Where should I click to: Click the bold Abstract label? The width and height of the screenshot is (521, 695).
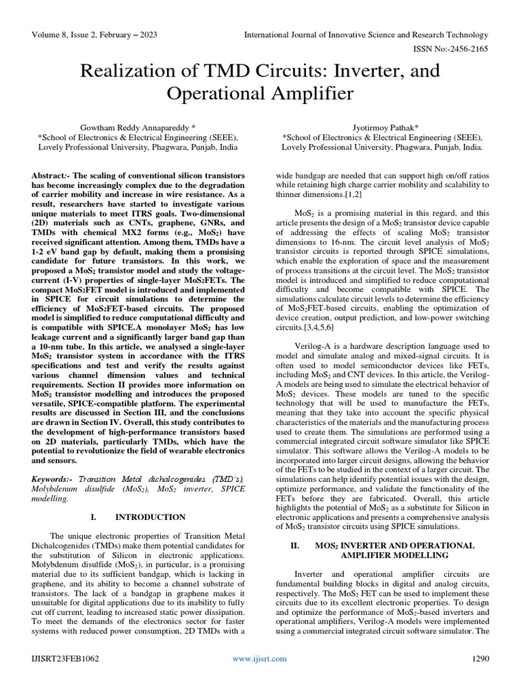pyautogui.click(x=52, y=175)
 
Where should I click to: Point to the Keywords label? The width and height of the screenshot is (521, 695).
pyautogui.click(x=52, y=478)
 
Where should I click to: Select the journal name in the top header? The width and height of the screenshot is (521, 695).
pyautogui.click(x=366, y=35)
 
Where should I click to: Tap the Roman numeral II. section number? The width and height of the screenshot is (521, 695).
pyautogui.click(x=294, y=545)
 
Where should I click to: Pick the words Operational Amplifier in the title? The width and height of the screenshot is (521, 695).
pyautogui.click(x=260, y=93)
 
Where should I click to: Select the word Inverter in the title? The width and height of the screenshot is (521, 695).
pyautogui.click(x=360, y=71)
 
